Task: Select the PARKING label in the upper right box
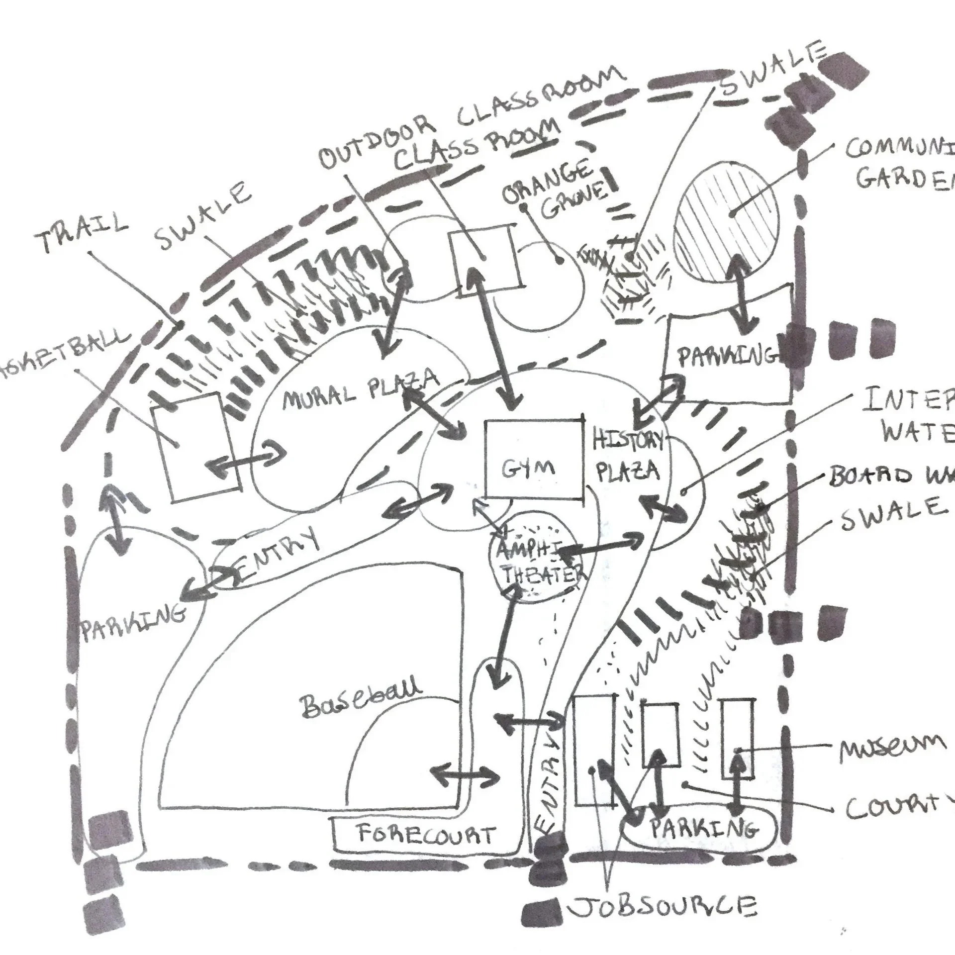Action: (726, 357)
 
